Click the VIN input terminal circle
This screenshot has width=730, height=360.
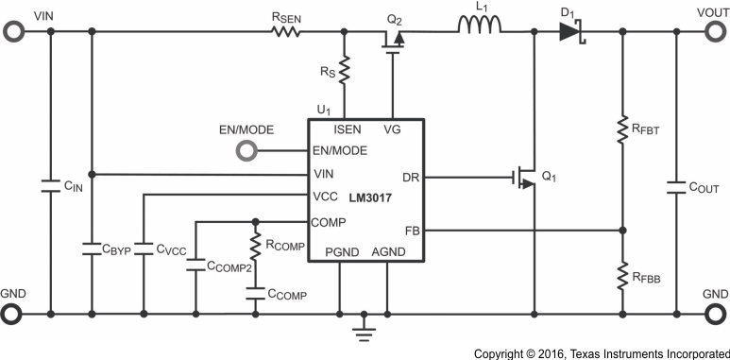[13, 31]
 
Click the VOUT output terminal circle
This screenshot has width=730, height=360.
[715, 31]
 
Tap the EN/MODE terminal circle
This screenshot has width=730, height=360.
[247, 149]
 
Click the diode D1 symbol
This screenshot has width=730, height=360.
[569, 31]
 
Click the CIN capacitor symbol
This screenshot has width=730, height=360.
[50, 186]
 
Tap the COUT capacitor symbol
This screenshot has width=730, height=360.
[676, 187]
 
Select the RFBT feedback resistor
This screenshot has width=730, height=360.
[622, 130]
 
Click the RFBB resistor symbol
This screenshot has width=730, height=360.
[622, 275]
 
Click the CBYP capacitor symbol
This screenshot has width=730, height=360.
[92, 249]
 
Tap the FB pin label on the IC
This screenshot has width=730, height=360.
[413, 229]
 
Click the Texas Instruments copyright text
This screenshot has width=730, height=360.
[601, 352]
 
